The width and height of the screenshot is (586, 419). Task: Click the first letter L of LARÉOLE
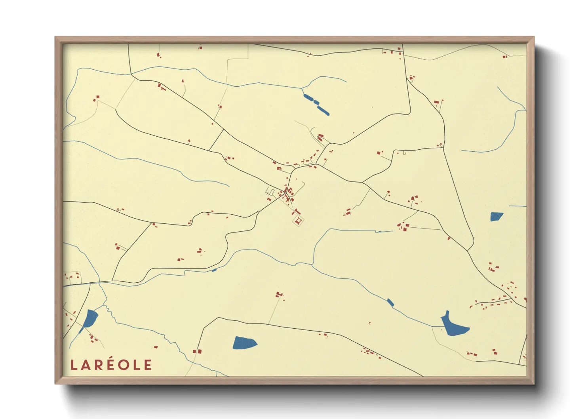pyautogui.click(x=73, y=365)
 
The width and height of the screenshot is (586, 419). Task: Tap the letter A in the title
pyautogui.click(x=86, y=365)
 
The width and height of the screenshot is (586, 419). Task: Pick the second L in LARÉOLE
pyautogui.click(x=137, y=365)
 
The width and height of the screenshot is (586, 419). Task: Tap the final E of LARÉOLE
pyautogui.click(x=148, y=365)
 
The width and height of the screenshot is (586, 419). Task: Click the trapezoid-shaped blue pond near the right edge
pyautogui.click(x=496, y=217)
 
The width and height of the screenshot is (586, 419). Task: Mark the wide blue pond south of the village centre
pyautogui.click(x=244, y=343)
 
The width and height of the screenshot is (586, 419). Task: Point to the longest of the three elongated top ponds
pyautogui.click(x=323, y=110)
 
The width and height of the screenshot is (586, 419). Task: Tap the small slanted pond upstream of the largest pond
pyautogui.click(x=390, y=303)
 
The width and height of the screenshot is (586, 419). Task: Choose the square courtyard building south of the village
pyautogui.click(x=298, y=221)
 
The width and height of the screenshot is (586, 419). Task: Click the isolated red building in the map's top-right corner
pyautogui.click(x=505, y=57)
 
